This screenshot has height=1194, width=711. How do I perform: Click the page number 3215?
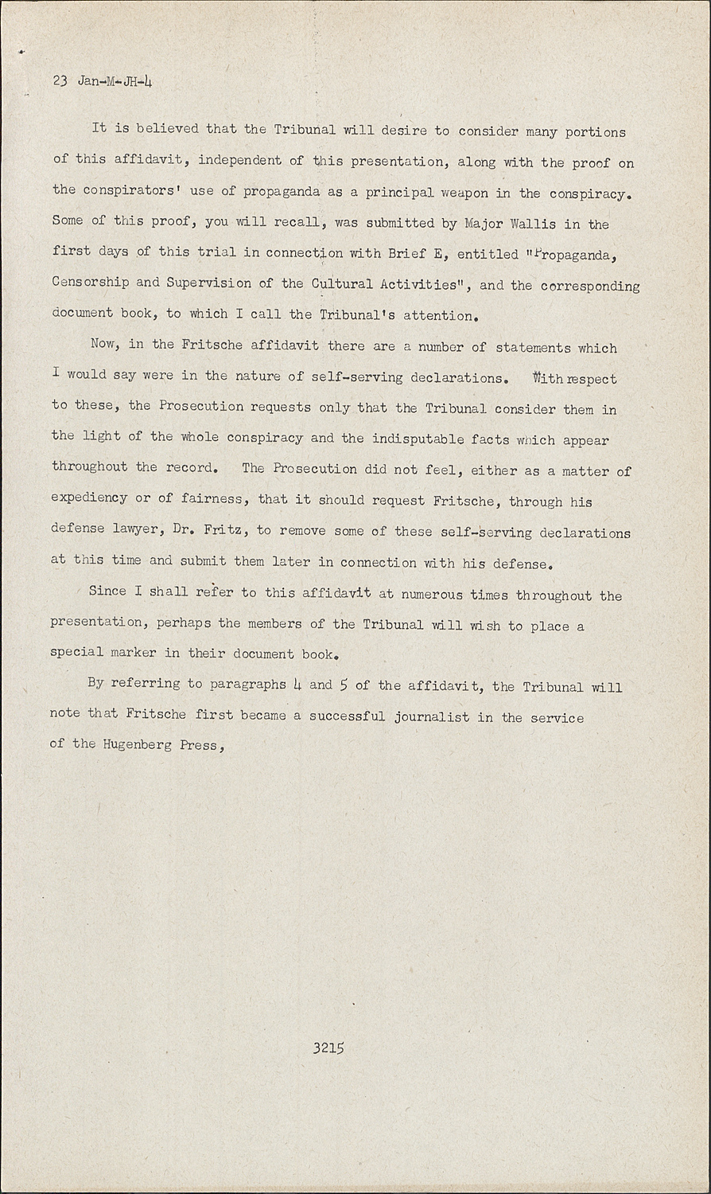tap(328, 1048)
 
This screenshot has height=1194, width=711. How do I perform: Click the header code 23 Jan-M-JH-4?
tap(102, 81)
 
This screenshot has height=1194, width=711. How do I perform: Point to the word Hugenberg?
tap(136, 745)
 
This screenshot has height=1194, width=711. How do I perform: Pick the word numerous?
tap(432, 595)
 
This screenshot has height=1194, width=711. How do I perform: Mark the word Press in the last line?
tap(199, 745)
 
